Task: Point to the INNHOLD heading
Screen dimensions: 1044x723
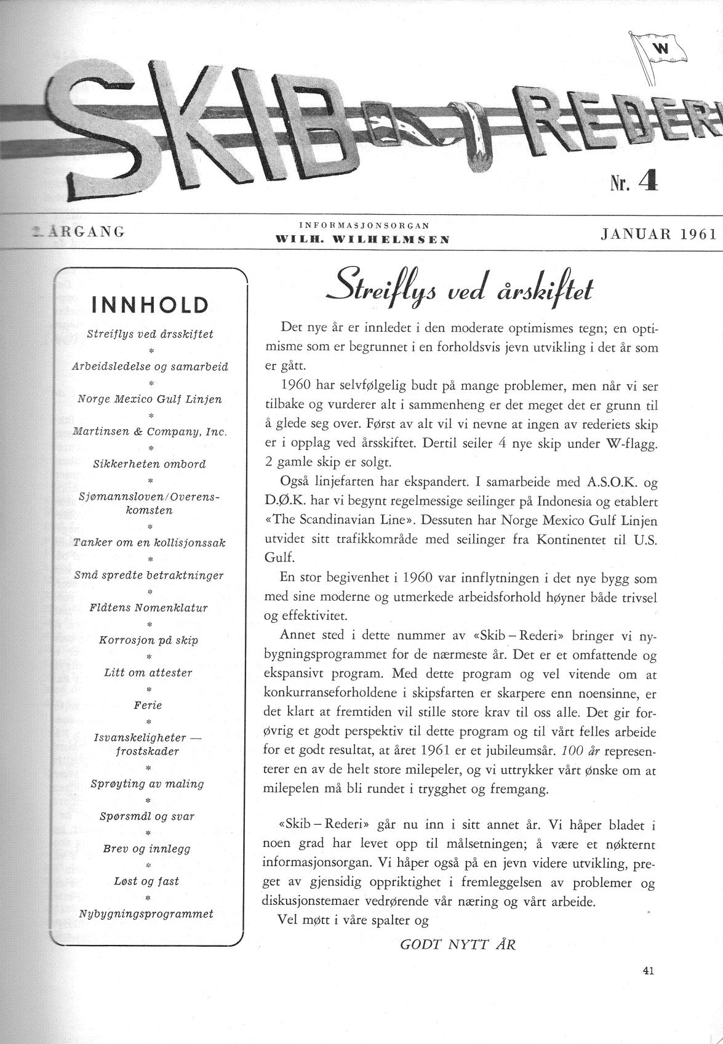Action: coord(150,304)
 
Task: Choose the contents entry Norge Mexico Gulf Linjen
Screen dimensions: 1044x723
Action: coord(150,399)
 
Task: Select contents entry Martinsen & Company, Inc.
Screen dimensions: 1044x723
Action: coord(150,432)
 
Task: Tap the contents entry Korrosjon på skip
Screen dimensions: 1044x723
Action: coord(149,640)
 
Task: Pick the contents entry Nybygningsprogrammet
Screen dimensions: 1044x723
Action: coord(146,913)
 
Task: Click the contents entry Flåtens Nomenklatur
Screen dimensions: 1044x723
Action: coord(149,608)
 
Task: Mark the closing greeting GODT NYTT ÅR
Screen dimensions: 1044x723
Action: coord(458,944)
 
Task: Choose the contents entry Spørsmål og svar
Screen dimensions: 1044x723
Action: coord(147,816)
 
